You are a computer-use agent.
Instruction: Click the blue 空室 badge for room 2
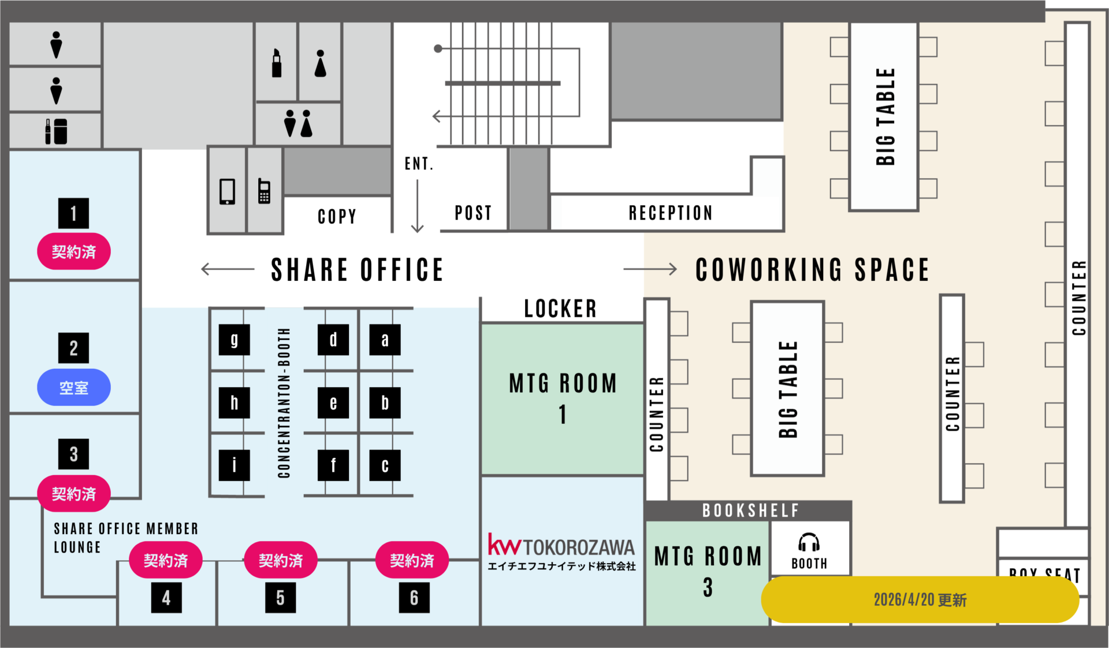pyautogui.click(x=74, y=387)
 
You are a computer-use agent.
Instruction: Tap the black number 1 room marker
pyautogui.click(x=73, y=213)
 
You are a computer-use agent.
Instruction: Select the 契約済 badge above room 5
pyautogui.click(x=281, y=560)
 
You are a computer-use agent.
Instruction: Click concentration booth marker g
pyautogui.click(x=234, y=339)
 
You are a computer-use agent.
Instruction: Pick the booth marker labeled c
pyautogui.click(x=385, y=465)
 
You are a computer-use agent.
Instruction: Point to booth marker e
pyautogui.click(x=333, y=402)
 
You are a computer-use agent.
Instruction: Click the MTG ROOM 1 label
pyautogui.click(x=563, y=398)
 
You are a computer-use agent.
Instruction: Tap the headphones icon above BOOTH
pyautogui.click(x=809, y=542)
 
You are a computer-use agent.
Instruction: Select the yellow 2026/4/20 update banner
pyautogui.click(x=920, y=599)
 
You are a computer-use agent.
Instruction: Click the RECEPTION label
pyautogui.click(x=670, y=213)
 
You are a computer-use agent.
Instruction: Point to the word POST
pyautogui.click(x=473, y=213)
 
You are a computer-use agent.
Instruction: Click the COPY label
pyautogui.click(x=337, y=216)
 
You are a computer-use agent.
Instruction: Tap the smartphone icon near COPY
pyautogui.click(x=227, y=191)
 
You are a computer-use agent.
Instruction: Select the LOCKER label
pyautogui.click(x=560, y=309)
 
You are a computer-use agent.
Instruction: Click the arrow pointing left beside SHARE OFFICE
pyautogui.click(x=227, y=269)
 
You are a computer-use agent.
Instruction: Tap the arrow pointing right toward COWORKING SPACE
pyautogui.click(x=650, y=269)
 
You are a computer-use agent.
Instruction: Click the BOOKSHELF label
pyautogui.click(x=750, y=510)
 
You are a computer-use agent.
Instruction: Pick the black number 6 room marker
pyautogui.click(x=414, y=598)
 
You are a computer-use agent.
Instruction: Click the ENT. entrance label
pyautogui.click(x=419, y=164)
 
